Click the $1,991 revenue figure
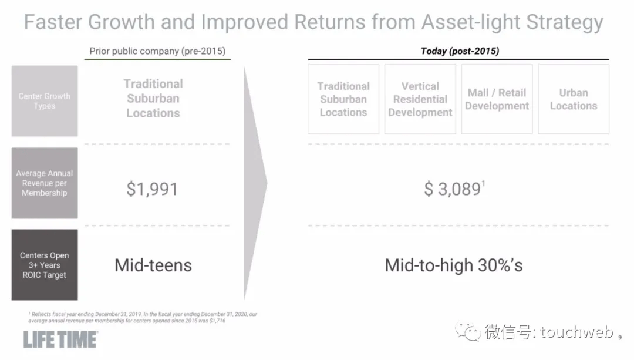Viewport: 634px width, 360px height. [x=152, y=189]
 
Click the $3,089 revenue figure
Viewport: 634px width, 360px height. [x=454, y=189]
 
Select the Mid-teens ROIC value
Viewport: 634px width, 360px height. [x=153, y=265]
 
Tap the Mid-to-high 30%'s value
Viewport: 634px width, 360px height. [x=454, y=265]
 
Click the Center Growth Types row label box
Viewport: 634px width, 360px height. [x=45, y=101]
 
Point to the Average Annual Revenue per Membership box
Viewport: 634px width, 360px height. [x=45, y=183]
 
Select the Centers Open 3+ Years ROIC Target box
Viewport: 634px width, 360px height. [x=45, y=265]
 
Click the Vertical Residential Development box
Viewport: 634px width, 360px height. [x=420, y=99]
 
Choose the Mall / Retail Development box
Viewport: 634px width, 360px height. [x=497, y=99]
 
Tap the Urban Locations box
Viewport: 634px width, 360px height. [x=574, y=99]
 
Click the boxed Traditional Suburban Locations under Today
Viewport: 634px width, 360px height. [x=343, y=99]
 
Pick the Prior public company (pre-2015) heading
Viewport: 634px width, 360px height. [x=157, y=51]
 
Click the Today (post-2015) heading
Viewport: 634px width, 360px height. [x=460, y=51]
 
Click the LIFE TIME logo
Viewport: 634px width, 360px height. [x=60, y=340]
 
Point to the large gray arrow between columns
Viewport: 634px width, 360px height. [x=255, y=183]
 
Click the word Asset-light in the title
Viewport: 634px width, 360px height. [x=471, y=22]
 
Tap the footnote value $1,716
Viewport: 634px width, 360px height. [x=218, y=321]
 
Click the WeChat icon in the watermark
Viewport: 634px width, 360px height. [x=468, y=332]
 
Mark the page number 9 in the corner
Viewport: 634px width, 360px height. [x=620, y=337]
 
